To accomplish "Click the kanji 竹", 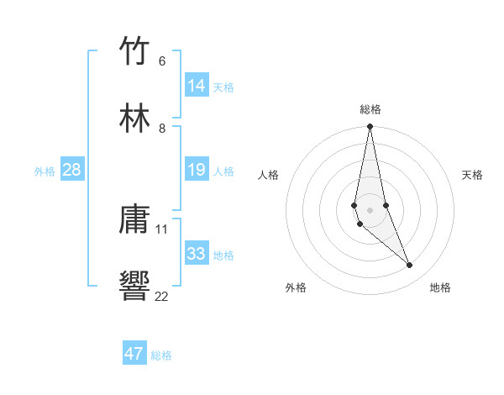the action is (x=135, y=51).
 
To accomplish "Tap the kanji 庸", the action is (x=135, y=220).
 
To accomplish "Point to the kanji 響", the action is (x=135, y=287).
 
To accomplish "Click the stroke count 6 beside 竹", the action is (x=162, y=61).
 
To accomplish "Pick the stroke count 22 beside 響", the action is (x=162, y=296).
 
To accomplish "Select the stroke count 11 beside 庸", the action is (x=162, y=229).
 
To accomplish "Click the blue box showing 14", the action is (x=197, y=86).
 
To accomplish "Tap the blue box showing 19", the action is (x=197, y=171).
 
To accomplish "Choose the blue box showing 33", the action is (x=197, y=254).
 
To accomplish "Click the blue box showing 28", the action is (x=72, y=171).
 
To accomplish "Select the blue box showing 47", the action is (x=134, y=354).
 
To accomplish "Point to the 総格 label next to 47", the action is (x=161, y=355).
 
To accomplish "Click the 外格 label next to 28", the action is (x=45, y=171).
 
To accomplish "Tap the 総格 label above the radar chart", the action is (x=370, y=109).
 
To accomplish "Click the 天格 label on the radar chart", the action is (x=473, y=175).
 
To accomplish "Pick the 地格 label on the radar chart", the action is (x=440, y=288).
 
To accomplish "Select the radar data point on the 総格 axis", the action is (x=370, y=127).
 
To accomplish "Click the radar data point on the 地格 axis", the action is (x=410, y=266).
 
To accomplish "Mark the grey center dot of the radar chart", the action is (x=370, y=209).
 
